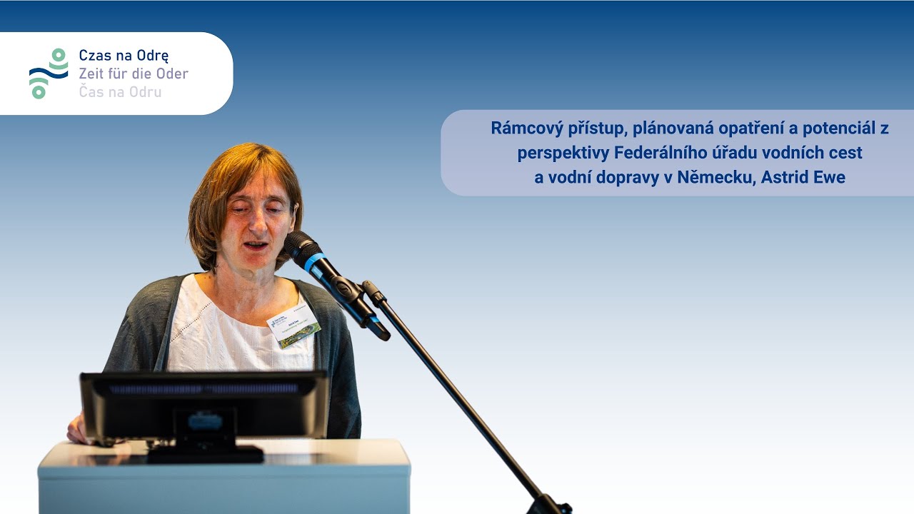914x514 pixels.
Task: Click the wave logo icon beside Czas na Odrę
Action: point(48,74)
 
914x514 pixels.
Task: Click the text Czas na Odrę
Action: point(124,56)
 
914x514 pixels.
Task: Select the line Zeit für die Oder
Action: point(133,74)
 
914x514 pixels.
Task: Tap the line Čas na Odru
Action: point(120,92)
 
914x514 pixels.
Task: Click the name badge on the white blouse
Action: point(293,328)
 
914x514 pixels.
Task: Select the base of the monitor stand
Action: point(206,454)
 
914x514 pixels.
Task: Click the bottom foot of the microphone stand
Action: point(550,505)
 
